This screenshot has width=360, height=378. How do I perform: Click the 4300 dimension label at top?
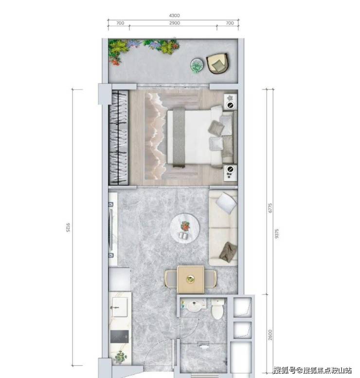tap(174, 16)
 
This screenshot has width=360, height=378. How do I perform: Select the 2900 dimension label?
tap(174, 23)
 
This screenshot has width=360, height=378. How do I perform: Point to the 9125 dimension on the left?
tap(68, 227)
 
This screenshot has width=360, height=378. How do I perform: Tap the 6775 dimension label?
tap(270, 208)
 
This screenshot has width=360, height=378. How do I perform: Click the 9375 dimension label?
tap(277, 234)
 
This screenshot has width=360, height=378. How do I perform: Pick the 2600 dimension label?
tap(270, 335)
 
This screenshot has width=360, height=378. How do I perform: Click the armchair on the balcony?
tap(217, 63)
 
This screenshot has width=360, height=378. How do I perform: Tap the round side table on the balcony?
tap(197, 65)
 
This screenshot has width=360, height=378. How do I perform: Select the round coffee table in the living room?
tap(185, 228)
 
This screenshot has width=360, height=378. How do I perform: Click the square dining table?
tap(191, 279)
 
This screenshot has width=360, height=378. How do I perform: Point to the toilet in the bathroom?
tap(217, 309)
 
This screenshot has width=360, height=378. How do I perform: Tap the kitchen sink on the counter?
tap(120, 307)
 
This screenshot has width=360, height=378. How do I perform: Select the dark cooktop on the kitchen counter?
tap(120, 336)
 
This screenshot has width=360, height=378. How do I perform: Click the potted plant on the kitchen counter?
tap(120, 357)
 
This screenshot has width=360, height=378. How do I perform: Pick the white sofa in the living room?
tap(223, 227)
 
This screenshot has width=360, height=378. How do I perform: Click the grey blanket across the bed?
tap(179, 137)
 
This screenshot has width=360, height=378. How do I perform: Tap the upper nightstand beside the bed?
tap(231, 102)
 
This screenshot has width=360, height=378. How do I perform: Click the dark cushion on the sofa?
tap(228, 252)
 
